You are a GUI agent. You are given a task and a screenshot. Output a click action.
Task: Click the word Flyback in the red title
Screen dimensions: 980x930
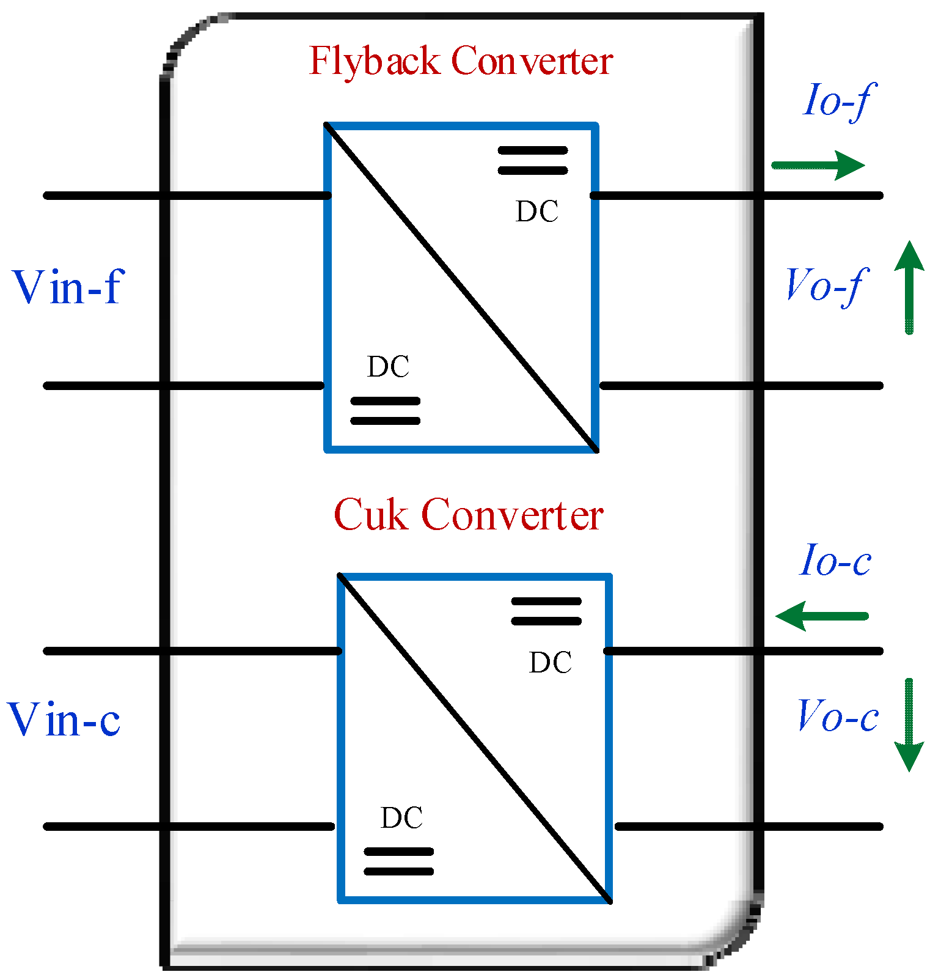[374, 61]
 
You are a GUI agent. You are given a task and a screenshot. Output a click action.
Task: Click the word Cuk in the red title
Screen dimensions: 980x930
[370, 515]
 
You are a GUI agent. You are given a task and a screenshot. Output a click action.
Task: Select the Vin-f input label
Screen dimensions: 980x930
[68, 287]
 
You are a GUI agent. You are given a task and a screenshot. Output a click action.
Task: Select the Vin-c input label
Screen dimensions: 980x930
[64, 719]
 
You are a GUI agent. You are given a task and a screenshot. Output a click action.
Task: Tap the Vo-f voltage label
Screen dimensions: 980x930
[825, 286]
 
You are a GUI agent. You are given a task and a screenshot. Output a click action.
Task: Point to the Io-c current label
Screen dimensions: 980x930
[835, 561]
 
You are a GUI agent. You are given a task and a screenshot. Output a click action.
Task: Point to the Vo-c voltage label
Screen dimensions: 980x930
[838, 716]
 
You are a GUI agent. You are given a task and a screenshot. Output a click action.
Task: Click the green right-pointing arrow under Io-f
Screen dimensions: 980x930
[819, 166]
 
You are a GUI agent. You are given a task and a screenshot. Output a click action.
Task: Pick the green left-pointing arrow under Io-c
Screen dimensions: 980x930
[821, 616]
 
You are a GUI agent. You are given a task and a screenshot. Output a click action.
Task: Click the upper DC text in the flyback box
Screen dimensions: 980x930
[536, 212]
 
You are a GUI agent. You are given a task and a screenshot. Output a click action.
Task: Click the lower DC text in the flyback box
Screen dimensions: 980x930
[388, 367]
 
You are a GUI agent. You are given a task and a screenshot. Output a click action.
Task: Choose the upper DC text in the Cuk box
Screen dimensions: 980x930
[550, 663]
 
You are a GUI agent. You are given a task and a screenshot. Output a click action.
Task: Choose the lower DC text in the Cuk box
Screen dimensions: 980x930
[401, 819]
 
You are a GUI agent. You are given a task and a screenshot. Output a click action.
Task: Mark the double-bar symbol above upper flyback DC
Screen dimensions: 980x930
[533, 160]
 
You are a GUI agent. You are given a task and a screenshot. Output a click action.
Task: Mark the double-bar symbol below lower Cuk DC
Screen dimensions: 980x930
[398, 861]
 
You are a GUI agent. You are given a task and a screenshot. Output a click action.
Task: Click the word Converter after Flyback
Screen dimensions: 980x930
[532, 61]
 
